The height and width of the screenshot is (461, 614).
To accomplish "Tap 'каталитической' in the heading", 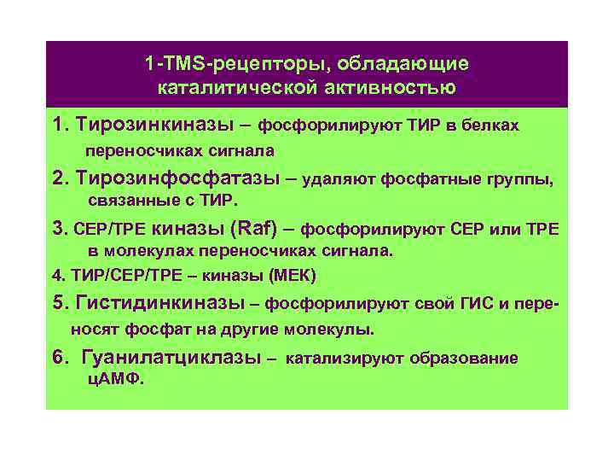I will [225, 88].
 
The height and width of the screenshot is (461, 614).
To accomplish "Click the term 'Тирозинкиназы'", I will [154, 125].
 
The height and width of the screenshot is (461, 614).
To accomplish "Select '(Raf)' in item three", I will [256, 229].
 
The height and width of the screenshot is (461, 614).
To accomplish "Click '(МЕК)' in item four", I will [293, 276].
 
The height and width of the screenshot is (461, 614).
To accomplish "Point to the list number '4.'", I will [58, 276].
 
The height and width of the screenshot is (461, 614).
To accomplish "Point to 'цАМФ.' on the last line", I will [117, 381].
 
